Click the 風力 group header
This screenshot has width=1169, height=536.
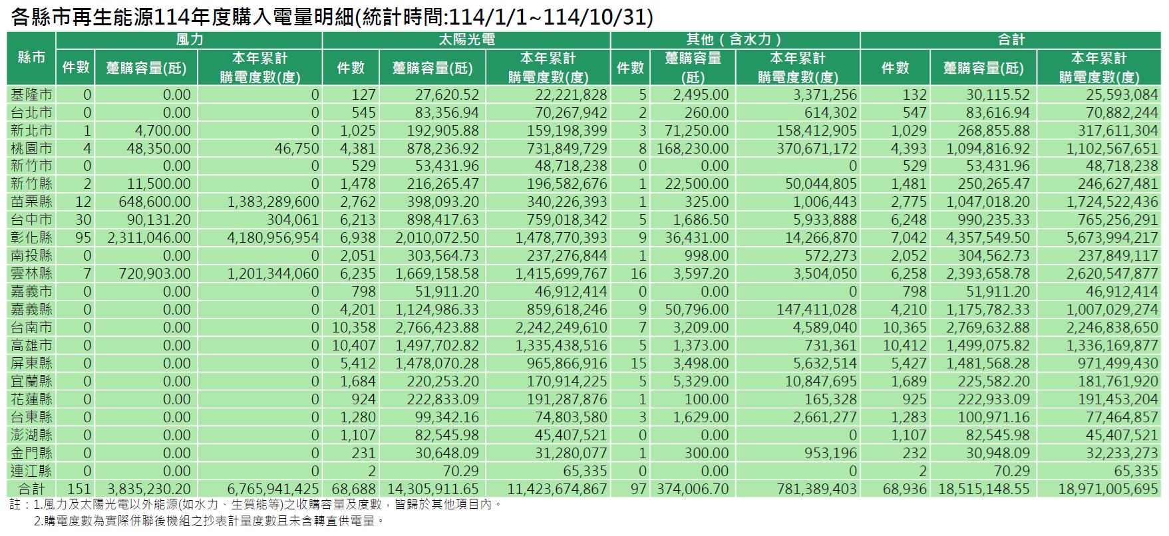(x=190, y=40)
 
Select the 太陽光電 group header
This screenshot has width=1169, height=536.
(x=466, y=40)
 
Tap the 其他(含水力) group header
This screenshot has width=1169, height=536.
(x=735, y=40)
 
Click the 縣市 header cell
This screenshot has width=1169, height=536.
(x=31, y=58)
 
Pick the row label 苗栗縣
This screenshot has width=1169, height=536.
(x=31, y=201)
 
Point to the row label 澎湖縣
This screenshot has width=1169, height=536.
(x=31, y=435)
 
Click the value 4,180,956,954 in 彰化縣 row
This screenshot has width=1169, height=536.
(x=273, y=237)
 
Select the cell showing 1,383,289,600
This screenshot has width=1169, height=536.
(x=273, y=201)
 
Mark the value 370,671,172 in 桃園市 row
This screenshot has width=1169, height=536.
(x=816, y=148)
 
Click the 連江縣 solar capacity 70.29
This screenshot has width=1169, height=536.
(x=460, y=471)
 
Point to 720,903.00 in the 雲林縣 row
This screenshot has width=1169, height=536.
(x=154, y=273)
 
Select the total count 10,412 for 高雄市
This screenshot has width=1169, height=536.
(x=904, y=345)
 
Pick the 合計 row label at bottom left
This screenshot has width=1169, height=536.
(x=31, y=489)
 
